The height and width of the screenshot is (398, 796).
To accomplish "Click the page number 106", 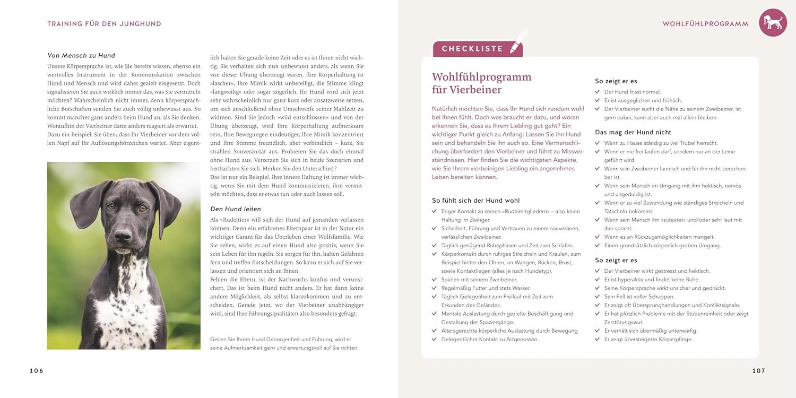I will [x=37, y=371].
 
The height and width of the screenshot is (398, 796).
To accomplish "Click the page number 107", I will [x=759, y=371].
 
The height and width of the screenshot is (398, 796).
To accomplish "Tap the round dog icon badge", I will [x=773, y=23].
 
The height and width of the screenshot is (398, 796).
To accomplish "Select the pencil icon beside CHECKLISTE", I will [x=517, y=41].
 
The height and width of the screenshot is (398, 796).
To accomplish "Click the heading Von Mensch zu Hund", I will [x=81, y=55].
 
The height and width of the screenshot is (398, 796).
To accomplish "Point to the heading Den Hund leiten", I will [x=236, y=209].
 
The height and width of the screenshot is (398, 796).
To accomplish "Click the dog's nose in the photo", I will [x=123, y=235].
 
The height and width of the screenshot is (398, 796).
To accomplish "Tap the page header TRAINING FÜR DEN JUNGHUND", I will [x=104, y=24].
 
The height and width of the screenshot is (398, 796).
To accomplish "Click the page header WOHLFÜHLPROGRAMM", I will [x=705, y=24].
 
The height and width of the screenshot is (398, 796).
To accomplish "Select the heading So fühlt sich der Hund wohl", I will [x=475, y=201].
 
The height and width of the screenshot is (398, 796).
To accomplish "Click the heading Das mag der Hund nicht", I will [x=633, y=132].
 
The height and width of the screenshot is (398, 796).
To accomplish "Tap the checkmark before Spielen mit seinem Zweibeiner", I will [x=435, y=280].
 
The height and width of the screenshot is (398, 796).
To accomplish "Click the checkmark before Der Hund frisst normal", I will [x=598, y=92].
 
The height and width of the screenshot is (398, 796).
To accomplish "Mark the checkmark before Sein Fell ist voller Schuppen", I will [x=598, y=297].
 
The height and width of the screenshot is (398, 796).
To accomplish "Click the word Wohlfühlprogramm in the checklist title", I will [x=481, y=77].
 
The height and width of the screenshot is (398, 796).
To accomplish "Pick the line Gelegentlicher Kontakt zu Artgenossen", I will [x=490, y=339].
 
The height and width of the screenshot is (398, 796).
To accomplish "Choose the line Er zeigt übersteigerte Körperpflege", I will [x=648, y=339].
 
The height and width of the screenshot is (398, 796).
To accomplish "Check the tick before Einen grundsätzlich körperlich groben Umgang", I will [x=598, y=246].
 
